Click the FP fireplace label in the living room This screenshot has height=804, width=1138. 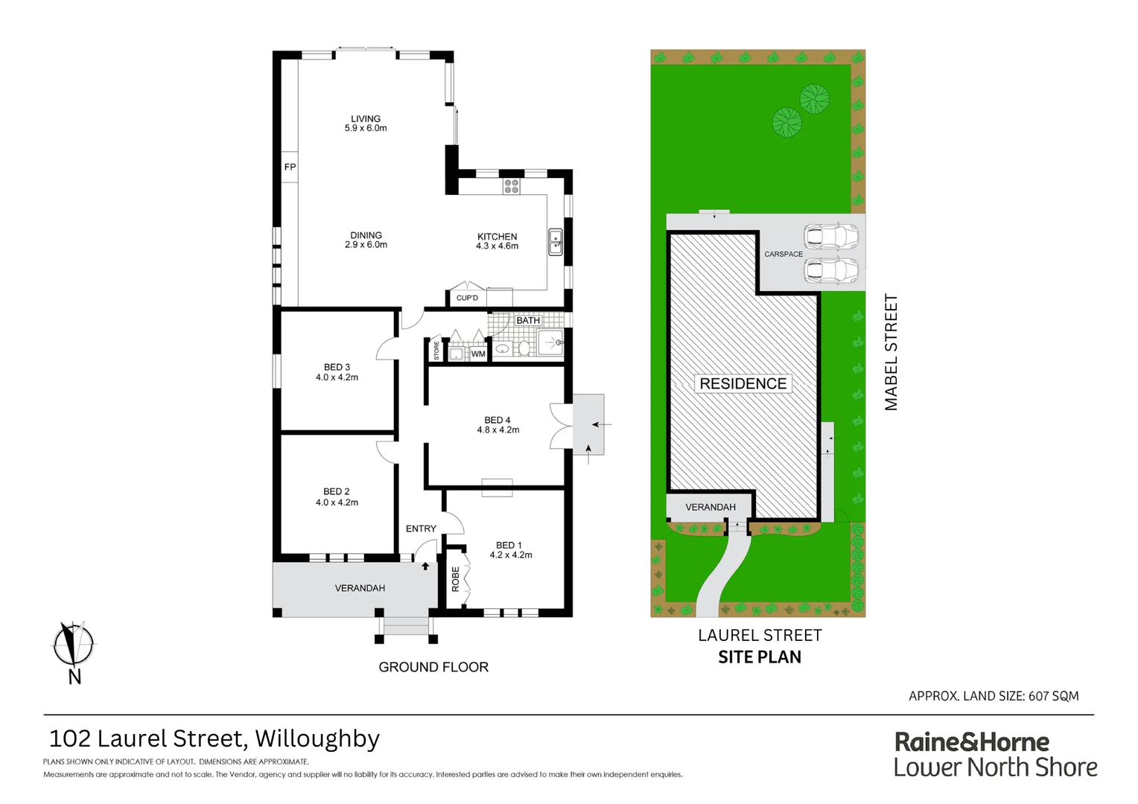coord(290,167)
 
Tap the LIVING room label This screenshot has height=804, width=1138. coord(366,119)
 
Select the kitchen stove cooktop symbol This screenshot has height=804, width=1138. coord(511,185)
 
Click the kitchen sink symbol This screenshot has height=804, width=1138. coord(556,242)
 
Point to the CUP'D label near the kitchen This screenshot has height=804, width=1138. coord(467,298)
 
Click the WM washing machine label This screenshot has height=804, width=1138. coord(478,354)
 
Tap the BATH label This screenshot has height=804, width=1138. coord(528,321)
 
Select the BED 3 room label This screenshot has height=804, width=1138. coord(337,367)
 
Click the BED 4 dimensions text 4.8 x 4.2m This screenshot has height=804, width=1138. coord(498,430)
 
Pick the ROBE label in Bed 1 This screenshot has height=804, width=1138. coord(456,579)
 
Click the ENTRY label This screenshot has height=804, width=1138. coord(421,529)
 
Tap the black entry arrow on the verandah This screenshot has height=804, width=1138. coord(425,566)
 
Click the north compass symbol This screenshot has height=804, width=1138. coord(73,645)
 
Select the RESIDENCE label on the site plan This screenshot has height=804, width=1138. coord(743,383)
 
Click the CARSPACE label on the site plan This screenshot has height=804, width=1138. coord(783,254)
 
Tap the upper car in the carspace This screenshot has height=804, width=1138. coord(831,236)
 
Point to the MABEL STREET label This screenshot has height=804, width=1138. coord(891,352)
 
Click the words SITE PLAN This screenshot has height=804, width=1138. coord(760,657)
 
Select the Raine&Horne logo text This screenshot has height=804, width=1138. coord(971,742)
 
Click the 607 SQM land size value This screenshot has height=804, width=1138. coord(1053,696)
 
